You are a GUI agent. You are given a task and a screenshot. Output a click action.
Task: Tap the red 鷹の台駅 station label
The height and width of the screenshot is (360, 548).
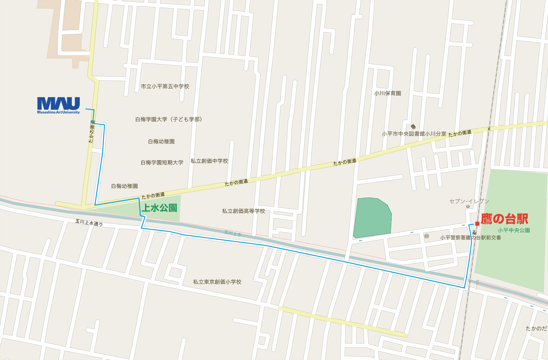coord(504,219)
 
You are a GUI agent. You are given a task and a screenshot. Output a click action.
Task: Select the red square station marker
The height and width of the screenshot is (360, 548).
coord(477,224)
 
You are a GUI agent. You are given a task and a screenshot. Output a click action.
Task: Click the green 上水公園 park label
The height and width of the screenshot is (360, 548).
coord(159,208)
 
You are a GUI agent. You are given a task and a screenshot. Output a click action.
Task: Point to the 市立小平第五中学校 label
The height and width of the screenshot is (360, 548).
coord(165,86)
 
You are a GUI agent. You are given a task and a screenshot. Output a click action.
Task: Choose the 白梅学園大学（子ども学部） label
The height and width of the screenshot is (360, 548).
coord(169,119)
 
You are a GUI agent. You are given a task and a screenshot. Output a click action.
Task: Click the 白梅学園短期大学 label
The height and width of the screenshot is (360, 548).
coord(162,163)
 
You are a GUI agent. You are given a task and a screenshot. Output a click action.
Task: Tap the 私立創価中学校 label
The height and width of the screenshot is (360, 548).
coord(209,161)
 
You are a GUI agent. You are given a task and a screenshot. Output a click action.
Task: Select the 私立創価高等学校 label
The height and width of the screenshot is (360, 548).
coord(243,211)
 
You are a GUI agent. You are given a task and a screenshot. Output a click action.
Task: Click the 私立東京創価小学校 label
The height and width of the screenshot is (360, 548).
coord(217,282)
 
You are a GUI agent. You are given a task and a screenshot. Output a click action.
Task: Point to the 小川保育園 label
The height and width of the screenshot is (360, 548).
coord(388,93)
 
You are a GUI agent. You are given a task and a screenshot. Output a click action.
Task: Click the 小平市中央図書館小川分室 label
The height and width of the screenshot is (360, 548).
coord(414,134)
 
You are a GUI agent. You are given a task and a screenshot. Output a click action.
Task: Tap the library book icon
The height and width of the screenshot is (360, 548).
coord(413,127)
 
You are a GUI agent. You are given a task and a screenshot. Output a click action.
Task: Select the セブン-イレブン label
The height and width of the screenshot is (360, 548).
coord(469,201)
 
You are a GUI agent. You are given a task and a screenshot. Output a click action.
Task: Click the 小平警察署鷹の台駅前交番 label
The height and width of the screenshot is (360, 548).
coord(470,238)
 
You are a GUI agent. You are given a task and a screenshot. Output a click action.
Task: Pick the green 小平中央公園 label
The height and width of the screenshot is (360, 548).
coord(514,230)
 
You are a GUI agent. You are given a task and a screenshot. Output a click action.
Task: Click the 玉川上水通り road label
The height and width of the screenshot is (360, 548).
coord(89,223)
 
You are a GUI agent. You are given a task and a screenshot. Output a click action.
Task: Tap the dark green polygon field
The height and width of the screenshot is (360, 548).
coord(372,217)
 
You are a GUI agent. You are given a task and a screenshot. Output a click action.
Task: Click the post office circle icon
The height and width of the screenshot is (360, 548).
coord(426,236)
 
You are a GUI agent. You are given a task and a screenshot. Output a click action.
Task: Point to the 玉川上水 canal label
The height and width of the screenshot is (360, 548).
coord(233,233)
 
